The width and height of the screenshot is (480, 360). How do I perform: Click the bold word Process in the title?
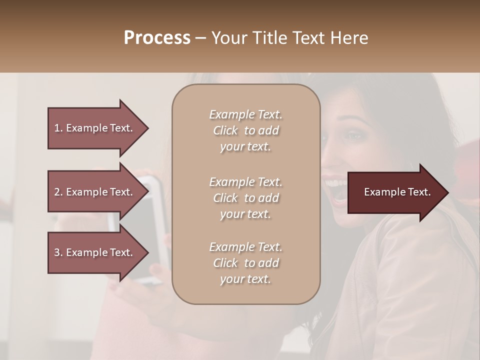point(157,38)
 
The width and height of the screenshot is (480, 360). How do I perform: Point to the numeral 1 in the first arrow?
point(56,128)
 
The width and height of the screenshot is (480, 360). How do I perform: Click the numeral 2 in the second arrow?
point(57,192)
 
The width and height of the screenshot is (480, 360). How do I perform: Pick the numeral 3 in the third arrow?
point(57,252)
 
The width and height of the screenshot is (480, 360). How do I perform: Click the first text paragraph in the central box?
point(245,130)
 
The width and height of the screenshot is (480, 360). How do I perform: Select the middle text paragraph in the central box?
point(245,198)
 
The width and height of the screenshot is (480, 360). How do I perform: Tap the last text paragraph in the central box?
point(245,263)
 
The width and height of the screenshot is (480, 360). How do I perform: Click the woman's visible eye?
point(354,135)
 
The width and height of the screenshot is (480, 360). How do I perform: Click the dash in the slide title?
point(201,38)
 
